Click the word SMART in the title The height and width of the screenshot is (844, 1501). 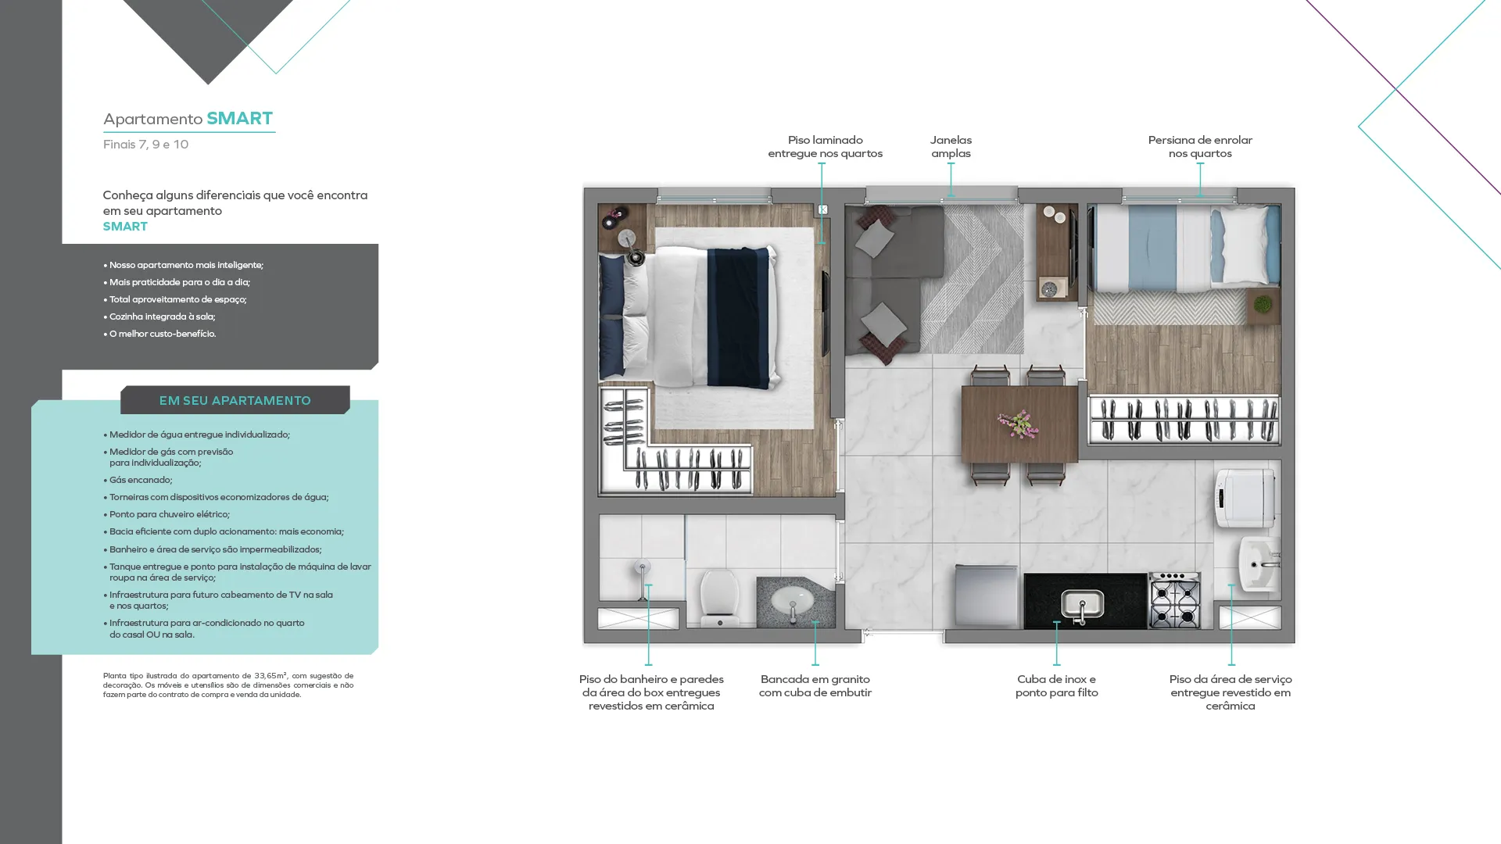tap(239, 118)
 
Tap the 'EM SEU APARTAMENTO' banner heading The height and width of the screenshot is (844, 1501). tap(235, 400)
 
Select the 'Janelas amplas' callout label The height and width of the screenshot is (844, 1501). tap(951, 146)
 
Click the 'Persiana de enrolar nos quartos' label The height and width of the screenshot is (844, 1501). tap(1200, 146)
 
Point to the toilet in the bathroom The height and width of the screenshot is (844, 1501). tap(719, 597)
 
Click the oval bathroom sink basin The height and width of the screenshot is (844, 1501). tap(792, 602)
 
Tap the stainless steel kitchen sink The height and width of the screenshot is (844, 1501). tap(1082, 605)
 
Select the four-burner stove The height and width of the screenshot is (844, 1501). tap(1174, 600)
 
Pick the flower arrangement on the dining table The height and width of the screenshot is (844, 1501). tap(1018, 424)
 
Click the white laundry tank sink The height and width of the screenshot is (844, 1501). tap(1259, 563)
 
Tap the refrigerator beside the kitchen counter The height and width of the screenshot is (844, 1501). tap(986, 596)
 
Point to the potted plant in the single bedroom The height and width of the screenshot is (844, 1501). tap(1263, 305)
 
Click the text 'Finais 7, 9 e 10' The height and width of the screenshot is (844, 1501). tap(145, 145)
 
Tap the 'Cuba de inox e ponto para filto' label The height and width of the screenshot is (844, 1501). tap(1056, 685)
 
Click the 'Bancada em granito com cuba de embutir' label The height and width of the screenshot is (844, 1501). tap(815, 685)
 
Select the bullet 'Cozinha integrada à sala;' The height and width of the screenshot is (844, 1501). tap(159, 316)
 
